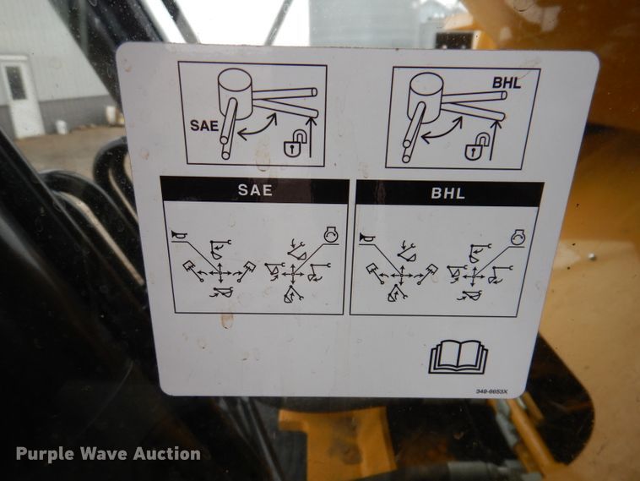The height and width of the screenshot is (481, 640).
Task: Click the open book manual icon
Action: tap(458, 356)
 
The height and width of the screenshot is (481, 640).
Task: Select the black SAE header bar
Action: tap(254, 190)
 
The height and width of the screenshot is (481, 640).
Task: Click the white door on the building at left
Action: tap(19, 96)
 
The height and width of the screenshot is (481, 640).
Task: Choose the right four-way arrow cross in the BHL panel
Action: tap(477, 275)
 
